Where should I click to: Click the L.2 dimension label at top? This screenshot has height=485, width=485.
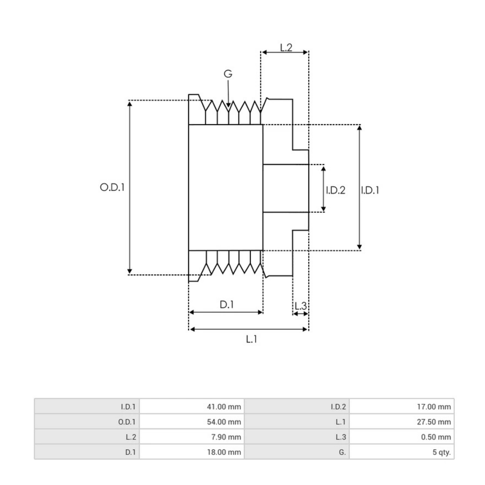tap(286, 47)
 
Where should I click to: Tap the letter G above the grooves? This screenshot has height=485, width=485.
tap(228, 74)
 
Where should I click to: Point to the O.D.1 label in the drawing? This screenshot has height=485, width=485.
tap(112, 187)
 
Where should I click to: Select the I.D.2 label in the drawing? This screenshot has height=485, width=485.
tap(335, 190)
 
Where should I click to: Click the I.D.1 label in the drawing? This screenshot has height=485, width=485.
tap(370, 190)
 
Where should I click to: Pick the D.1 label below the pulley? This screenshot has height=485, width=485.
tap(227, 305)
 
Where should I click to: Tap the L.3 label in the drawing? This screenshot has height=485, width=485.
tap(300, 306)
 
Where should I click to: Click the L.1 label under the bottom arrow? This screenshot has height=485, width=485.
tap(251, 339)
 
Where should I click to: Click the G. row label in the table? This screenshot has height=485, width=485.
tap(342, 452)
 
